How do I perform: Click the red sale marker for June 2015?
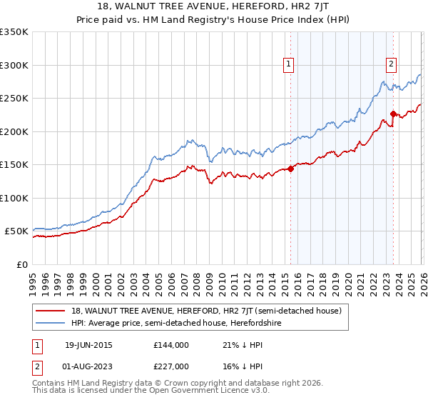click(290, 169)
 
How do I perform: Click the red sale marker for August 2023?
click(393, 114)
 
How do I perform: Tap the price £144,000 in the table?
click(171, 345)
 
